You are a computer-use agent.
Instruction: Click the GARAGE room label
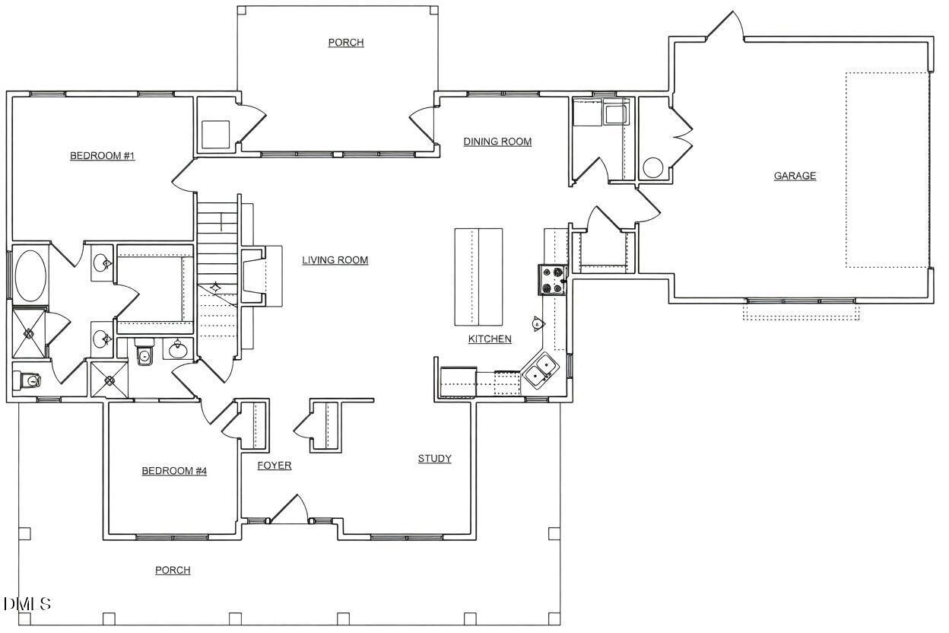coord(795,176)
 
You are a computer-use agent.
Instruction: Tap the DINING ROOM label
coord(497,142)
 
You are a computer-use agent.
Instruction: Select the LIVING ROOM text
coord(335,260)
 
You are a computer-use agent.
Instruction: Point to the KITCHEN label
coord(489,339)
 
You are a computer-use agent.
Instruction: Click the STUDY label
coord(434,459)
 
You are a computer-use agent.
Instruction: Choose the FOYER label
coord(274,466)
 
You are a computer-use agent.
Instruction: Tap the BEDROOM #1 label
coord(102,156)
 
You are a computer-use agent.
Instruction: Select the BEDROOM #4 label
coord(174,471)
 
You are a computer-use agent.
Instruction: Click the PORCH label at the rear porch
coord(345,43)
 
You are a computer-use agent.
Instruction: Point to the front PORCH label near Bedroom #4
coord(173,571)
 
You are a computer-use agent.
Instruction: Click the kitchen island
coord(478,275)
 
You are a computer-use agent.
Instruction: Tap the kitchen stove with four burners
coord(552,279)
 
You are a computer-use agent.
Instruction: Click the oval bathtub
coord(30,275)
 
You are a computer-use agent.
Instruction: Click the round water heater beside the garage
coord(653,167)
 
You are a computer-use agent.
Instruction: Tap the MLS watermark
coord(27,605)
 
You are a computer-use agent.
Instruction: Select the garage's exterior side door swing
coord(726,27)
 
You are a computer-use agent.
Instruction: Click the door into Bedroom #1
coord(182,177)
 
